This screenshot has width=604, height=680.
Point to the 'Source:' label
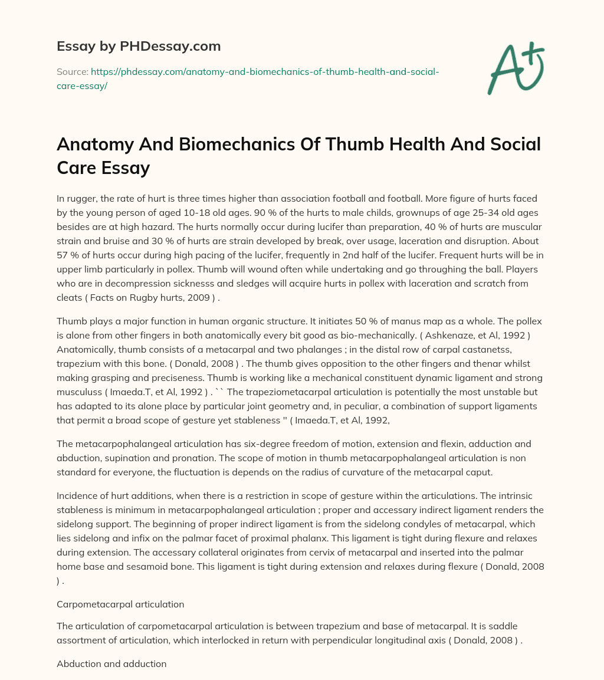(x=71, y=71)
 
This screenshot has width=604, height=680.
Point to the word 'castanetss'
(x=477, y=350)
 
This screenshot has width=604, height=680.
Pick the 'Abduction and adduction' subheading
(x=111, y=664)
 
